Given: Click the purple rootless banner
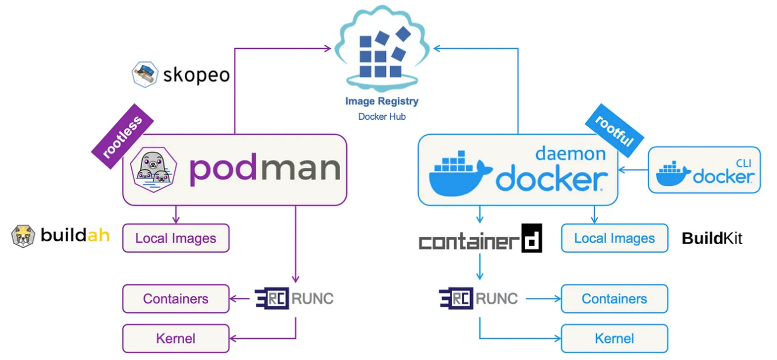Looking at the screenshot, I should pyautogui.click(x=123, y=136).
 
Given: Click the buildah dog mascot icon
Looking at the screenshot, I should pyautogui.click(x=23, y=236).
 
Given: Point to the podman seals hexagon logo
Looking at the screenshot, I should pyautogui.click(x=153, y=169).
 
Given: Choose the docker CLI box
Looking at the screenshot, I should pyautogui.click(x=704, y=170).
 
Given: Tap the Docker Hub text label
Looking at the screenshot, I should pyautogui.click(x=381, y=116).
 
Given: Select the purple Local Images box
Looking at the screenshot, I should pyautogui.click(x=175, y=238).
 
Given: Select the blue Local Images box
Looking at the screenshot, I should pyautogui.click(x=614, y=238).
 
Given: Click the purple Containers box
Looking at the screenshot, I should pyautogui.click(x=175, y=299).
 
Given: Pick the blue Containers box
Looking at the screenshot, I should pyautogui.click(x=614, y=299).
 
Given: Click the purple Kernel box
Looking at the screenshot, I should pyautogui.click(x=175, y=338).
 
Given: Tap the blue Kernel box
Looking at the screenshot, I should pyautogui.click(x=614, y=338).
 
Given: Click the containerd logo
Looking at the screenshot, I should pyautogui.click(x=480, y=239).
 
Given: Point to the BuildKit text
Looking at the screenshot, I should pyautogui.click(x=712, y=238).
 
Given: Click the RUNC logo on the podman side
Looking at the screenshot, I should pyautogui.click(x=294, y=299).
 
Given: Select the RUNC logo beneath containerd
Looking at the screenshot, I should pyautogui.click(x=478, y=299).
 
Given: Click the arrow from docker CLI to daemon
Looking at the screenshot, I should pyautogui.click(x=633, y=170).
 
